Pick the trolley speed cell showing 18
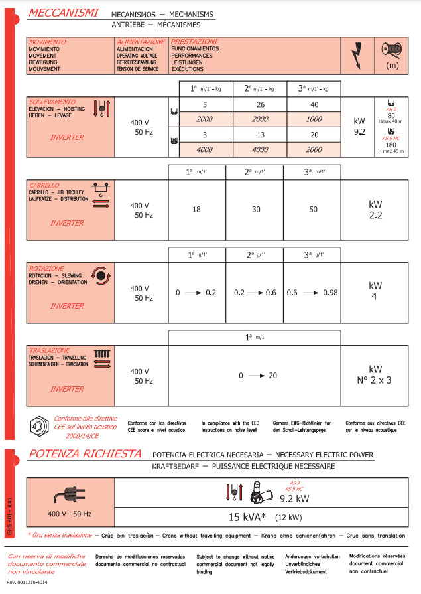point(196,209)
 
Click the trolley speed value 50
point(313,209)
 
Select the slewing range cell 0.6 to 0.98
point(313,292)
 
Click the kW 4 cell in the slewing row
point(375,291)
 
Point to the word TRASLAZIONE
point(49,350)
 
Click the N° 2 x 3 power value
point(375,380)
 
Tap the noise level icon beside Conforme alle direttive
point(38,427)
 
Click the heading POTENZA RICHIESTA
point(85,454)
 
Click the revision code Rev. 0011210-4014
point(30,582)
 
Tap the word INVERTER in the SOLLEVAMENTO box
point(67,137)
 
